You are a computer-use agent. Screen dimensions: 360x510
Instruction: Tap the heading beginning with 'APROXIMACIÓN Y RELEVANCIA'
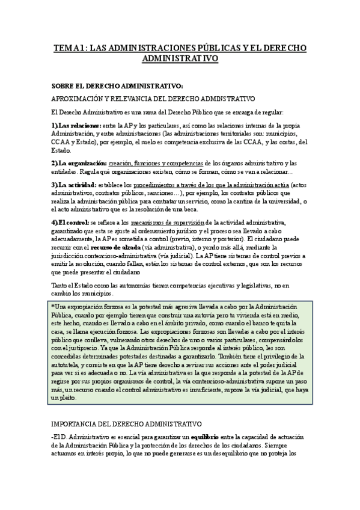click(153, 98)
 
